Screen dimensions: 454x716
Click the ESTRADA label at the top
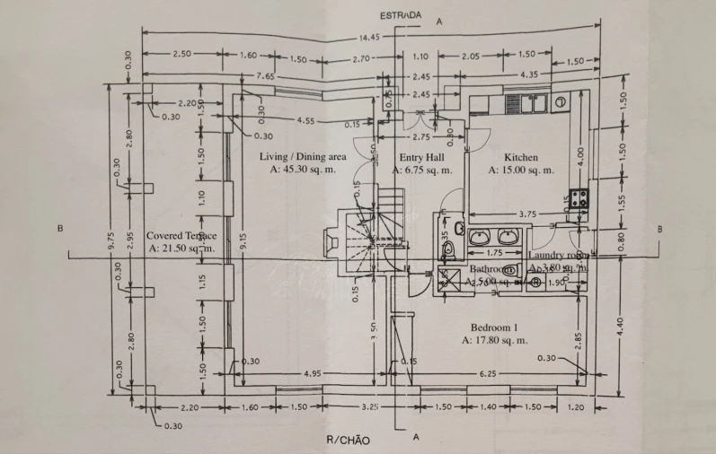coord(401,15)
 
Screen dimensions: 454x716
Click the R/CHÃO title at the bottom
coord(347,440)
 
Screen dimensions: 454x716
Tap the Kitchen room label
coord(520,156)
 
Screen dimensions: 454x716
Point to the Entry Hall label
coord(421,156)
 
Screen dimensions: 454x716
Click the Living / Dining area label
coord(303,156)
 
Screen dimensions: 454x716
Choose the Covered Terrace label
coord(181,234)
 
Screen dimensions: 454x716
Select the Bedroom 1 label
coord(494,327)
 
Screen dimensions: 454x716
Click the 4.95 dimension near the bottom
coord(314,371)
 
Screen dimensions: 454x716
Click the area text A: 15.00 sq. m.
coord(521,169)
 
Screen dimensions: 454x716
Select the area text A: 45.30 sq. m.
coord(303,169)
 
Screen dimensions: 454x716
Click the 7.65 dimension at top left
coord(265,75)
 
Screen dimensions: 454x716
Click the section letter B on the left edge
coord(60,229)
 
